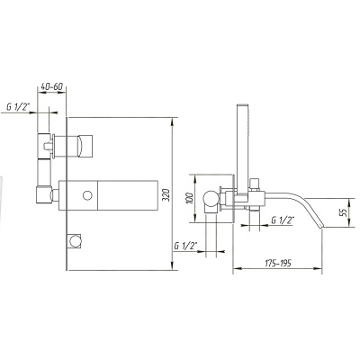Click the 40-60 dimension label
tap(51, 86)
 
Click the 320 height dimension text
tap(167, 195)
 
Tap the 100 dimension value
tap(189, 198)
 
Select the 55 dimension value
tap(344, 212)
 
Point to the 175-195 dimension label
tap(278, 263)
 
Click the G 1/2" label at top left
tap(18, 107)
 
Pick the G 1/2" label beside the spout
tap(282, 220)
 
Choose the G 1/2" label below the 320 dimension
tap(185, 246)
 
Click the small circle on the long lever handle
tap(87, 195)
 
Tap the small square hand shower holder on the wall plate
tap(74, 240)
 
